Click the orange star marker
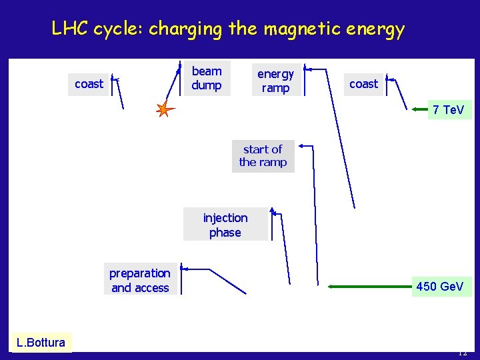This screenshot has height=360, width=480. click(164, 109)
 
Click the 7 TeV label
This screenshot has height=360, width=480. click(449, 109)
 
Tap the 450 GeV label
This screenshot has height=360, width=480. click(439, 287)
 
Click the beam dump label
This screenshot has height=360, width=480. click(206, 78)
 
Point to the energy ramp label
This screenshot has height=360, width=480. click(275, 81)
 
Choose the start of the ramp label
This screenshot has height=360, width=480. click(263, 156)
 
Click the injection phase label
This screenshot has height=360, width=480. click(225, 225)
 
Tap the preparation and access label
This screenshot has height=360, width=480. click(140, 280)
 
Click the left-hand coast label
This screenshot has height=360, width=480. click(89, 84)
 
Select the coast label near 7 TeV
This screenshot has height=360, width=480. click(363, 84)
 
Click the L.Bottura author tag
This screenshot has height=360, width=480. click(41, 343)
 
